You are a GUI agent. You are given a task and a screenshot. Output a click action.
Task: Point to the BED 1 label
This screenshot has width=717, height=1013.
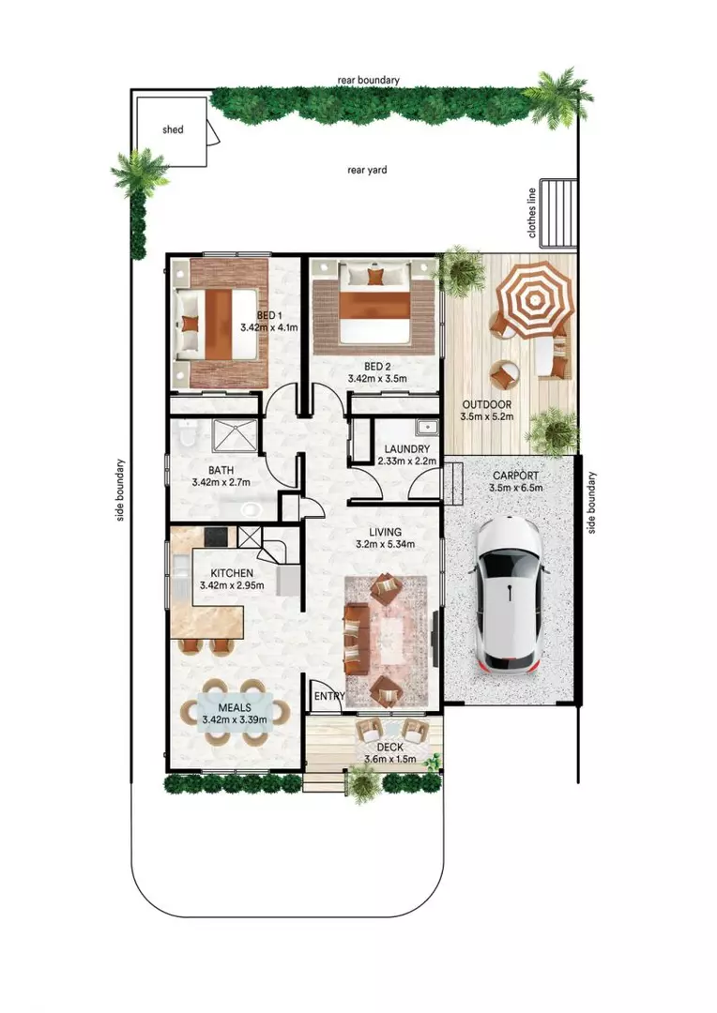(270, 316)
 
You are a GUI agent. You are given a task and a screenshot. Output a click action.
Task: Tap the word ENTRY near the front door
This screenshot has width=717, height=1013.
(329, 696)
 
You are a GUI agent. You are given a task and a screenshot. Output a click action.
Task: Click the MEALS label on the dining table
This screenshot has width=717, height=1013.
(234, 707)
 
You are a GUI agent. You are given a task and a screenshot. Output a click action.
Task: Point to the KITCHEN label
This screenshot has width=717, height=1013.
(231, 572)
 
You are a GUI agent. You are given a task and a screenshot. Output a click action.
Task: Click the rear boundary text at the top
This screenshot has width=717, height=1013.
(368, 81)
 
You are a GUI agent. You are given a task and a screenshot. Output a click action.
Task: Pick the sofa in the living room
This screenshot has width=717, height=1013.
(355, 640)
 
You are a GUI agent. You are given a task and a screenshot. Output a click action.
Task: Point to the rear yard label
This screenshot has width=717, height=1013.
(367, 170)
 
